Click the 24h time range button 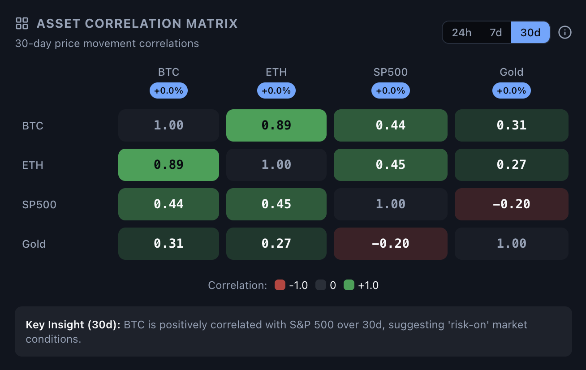pyautogui.click(x=461, y=33)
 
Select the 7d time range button pyautogui.click(x=496, y=33)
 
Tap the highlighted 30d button pyautogui.click(x=530, y=33)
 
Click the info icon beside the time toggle pyautogui.click(x=565, y=32)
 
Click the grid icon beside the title pyautogui.click(x=22, y=23)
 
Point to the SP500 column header pyautogui.click(x=391, y=72)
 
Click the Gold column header pyautogui.click(x=512, y=72)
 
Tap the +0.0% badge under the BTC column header pyautogui.click(x=168, y=90)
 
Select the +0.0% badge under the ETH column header pyautogui.click(x=276, y=90)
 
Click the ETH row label pyautogui.click(x=33, y=165)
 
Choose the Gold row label pyautogui.click(x=34, y=244)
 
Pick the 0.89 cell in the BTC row pyautogui.click(x=276, y=125)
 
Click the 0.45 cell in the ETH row pyautogui.click(x=391, y=165)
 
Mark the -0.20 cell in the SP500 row pyautogui.click(x=512, y=204)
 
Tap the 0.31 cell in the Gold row pyautogui.click(x=168, y=244)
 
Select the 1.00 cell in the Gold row pyautogui.click(x=512, y=244)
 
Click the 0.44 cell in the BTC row pyautogui.click(x=391, y=125)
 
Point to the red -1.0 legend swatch pyautogui.click(x=280, y=285)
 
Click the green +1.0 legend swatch pyautogui.click(x=349, y=285)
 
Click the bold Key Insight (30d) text pyautogui.click(x=73, y=325)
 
